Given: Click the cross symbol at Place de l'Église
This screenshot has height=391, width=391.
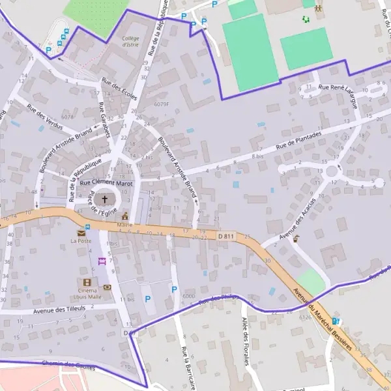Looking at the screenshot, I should point(104,199).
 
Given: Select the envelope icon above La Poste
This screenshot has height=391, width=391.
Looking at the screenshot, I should point(81,233).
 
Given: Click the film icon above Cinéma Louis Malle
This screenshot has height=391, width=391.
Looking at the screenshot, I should point(87,282).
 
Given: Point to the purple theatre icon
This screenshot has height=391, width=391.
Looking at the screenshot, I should point(102,261).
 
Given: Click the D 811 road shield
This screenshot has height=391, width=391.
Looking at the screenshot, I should point(225,235).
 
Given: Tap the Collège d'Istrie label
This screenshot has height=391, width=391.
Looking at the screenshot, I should point(134,42).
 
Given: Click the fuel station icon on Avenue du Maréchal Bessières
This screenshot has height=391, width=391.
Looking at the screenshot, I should point(336,321).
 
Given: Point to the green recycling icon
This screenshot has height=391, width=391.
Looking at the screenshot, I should point(305,19).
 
